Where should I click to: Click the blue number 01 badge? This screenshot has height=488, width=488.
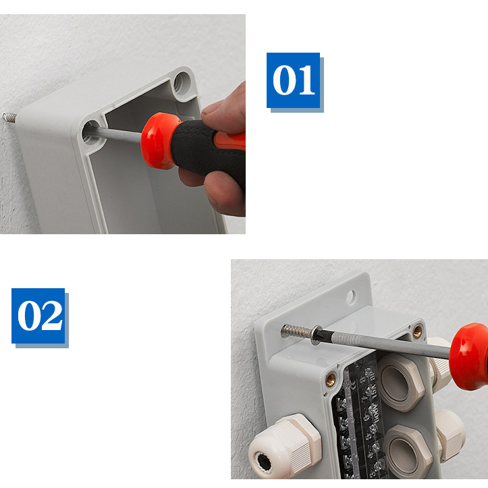293,80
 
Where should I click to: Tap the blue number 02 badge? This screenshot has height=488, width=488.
38,316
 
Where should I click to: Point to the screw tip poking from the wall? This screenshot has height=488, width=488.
9,117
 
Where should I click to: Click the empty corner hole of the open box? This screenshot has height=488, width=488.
182,83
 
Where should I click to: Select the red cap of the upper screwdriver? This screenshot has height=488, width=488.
158,140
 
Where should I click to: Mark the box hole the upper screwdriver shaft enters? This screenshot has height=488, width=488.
92,132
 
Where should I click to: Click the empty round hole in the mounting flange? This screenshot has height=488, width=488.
351,296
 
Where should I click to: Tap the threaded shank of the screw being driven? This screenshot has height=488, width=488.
296,331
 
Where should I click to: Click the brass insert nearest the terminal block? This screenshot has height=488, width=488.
331,379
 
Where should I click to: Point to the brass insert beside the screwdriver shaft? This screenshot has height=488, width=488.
417,331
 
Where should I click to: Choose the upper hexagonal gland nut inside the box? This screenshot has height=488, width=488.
400,382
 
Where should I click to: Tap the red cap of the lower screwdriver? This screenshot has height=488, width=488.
468,356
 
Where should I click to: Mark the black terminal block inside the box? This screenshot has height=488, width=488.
358,417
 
